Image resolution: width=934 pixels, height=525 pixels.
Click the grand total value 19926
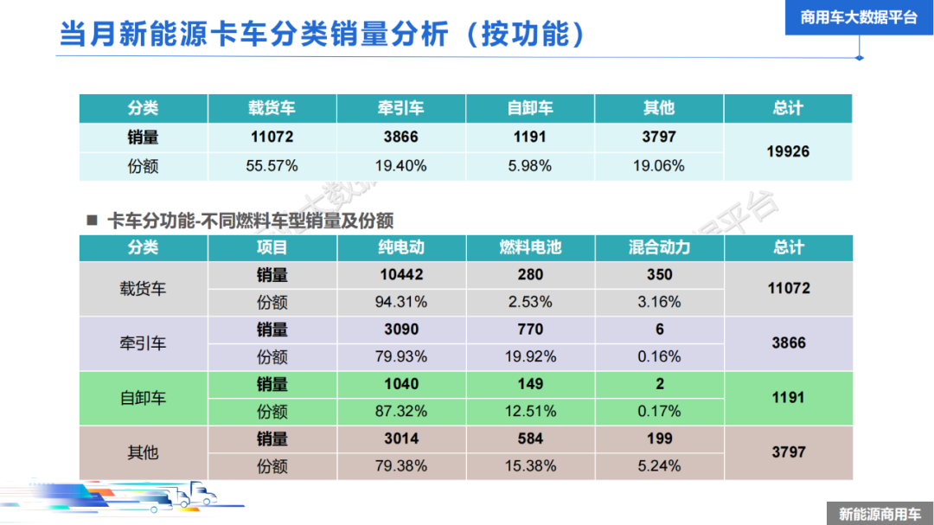point(788,151)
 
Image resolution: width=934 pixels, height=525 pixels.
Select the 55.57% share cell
point(272,165)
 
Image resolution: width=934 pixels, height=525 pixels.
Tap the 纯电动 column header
point(401,247)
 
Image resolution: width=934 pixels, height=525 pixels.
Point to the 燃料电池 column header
point(530,247)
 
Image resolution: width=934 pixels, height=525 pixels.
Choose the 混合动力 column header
point(659,247)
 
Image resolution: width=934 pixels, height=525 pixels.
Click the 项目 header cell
point(272,247)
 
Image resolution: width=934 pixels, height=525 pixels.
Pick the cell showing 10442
point(401,275)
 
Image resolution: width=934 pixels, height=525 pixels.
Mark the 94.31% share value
point(401,302)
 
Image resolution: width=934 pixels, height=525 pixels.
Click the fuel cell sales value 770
point(530,330)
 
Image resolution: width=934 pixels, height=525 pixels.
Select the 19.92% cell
point(530,356)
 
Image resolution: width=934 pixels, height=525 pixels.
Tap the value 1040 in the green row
point(401,384)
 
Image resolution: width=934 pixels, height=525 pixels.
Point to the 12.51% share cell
point(530,411)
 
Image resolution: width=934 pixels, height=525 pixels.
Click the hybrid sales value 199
point(659,439)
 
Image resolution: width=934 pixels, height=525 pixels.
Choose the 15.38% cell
point(530,465)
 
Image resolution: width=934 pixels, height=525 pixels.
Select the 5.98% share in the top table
point(530,165)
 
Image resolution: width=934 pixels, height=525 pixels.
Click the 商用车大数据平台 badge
point(859,17)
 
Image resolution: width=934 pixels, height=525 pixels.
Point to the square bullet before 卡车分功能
point(92,220)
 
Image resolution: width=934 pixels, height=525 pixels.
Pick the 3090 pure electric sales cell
point(401,330)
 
